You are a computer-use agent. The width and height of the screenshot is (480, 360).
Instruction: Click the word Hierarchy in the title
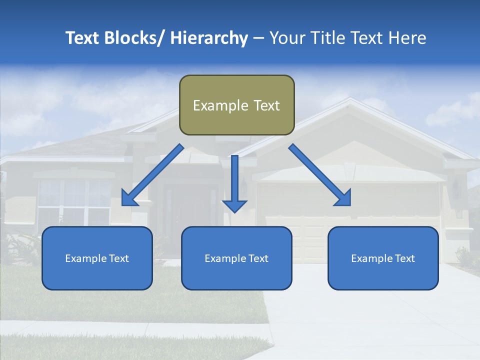click(209, 38)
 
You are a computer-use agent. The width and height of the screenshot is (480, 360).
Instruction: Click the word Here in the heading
click(407, 38)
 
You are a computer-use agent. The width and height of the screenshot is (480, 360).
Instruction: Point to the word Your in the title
click(286, 38)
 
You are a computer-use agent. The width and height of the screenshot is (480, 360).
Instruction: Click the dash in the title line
click(258, 39)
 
